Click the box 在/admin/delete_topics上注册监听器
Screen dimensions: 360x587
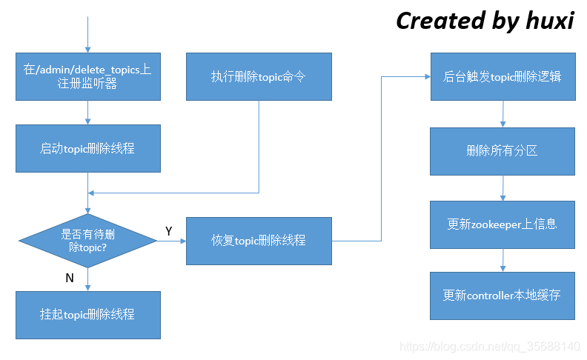(88, 76)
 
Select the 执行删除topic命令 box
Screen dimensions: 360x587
(258, 76)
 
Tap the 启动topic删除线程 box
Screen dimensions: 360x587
(88, 148)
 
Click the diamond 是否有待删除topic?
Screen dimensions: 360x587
(88, 241)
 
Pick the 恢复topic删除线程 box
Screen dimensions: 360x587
(258, 241)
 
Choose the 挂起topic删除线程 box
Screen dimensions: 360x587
(88, 314)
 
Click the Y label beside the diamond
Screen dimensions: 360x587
(168, 232)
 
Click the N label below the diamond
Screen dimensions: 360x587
(70, 278)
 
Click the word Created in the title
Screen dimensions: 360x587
(439, 21)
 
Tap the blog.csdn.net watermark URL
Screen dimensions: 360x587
(489, 347)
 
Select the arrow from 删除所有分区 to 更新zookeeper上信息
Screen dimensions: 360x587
(503, 187)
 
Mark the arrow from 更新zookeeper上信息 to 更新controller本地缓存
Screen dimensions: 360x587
(503, 260)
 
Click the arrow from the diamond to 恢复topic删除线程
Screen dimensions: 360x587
(171, 241)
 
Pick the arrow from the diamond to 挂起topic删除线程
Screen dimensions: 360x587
(88, 279)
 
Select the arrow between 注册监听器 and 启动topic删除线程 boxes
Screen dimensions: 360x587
(88, 112)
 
